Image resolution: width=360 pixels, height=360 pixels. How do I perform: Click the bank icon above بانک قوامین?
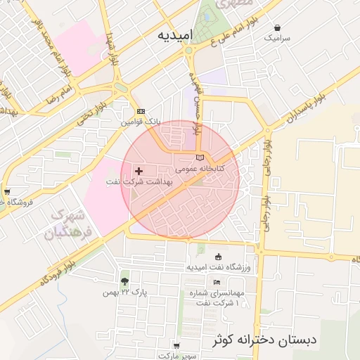(x=141, y=111)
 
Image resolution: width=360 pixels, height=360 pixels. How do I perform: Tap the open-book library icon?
(x=199, y=157)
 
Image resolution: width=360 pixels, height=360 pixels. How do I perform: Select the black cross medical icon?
(x=139, y=171)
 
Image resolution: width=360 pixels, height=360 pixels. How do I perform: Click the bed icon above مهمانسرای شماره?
(x=216, y=281)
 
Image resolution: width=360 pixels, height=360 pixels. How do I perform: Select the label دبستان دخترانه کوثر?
(x=264, y=341)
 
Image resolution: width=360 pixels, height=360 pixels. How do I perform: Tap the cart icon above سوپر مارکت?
(x=176, y=345)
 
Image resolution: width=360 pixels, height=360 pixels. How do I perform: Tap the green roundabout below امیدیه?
(x=188, y=51)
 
